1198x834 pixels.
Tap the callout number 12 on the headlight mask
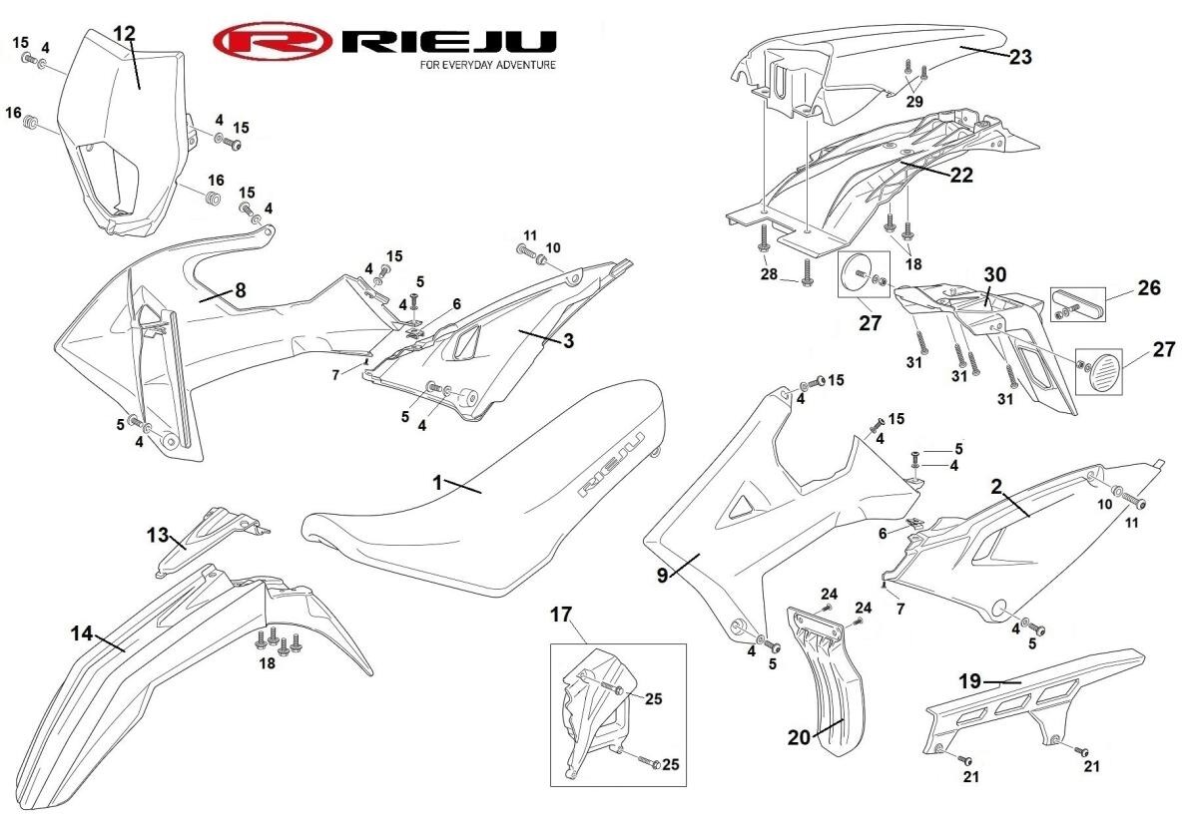(x=124, y=33)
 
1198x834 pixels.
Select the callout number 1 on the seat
(x=436, y=482)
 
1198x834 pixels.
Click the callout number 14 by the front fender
(x=82, y=632)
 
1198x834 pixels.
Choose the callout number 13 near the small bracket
(x=158, y=535)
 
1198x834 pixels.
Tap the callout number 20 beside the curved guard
(x=799, y=736)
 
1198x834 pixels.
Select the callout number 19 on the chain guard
(x=970, y=681)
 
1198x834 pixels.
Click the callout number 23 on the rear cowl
(x=1019, y=57)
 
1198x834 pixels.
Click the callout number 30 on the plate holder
(x=995, y=273)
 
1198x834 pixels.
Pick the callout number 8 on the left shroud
(x=240, y=290)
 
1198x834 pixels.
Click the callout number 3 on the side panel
(x=567, y=342)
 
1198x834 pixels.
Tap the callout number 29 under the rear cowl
(x=914, y=100)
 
